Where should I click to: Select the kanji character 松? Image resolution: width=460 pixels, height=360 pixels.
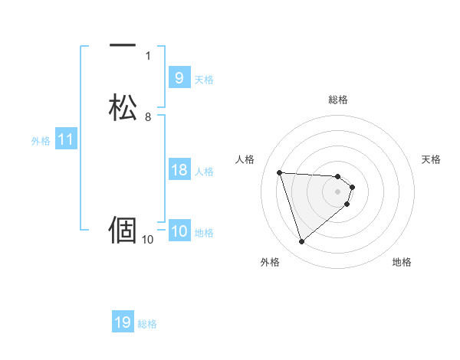123,107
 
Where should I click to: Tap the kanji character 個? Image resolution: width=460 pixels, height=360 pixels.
123,229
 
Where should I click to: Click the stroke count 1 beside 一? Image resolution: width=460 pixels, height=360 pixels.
148,56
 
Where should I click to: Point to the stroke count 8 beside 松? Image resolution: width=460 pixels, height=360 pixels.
148,117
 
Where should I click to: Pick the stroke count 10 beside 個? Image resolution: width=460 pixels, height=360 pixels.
148,240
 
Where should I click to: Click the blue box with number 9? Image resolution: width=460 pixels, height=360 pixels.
179,78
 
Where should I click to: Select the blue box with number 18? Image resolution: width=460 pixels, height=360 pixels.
179,170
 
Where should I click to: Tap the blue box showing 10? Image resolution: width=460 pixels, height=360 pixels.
179,231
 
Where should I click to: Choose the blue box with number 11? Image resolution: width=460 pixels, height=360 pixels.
66,139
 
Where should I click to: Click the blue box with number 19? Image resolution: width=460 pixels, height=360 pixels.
123,322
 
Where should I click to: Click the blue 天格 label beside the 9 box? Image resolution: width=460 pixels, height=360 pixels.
204,80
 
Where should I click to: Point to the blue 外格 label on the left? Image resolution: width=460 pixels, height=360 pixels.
41,141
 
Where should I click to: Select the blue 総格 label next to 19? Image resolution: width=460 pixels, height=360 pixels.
147,324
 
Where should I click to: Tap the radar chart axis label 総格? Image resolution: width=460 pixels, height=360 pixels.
338,100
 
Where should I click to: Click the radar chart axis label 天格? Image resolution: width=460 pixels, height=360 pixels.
432,159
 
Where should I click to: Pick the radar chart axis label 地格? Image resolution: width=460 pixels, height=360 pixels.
402,262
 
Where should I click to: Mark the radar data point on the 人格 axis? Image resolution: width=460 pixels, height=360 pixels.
280,172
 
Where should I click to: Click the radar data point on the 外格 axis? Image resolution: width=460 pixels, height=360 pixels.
301,242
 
